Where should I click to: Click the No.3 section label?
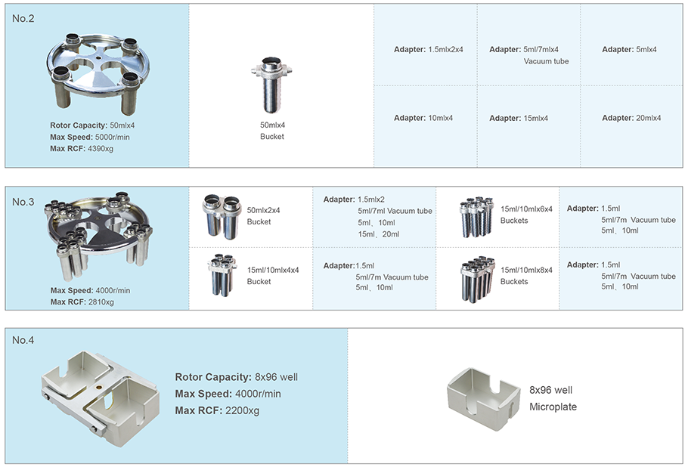23,202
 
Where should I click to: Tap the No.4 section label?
23,340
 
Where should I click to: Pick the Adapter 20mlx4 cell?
631,118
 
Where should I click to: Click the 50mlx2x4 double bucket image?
222,215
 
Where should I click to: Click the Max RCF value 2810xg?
101,302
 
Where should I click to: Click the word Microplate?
553,407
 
